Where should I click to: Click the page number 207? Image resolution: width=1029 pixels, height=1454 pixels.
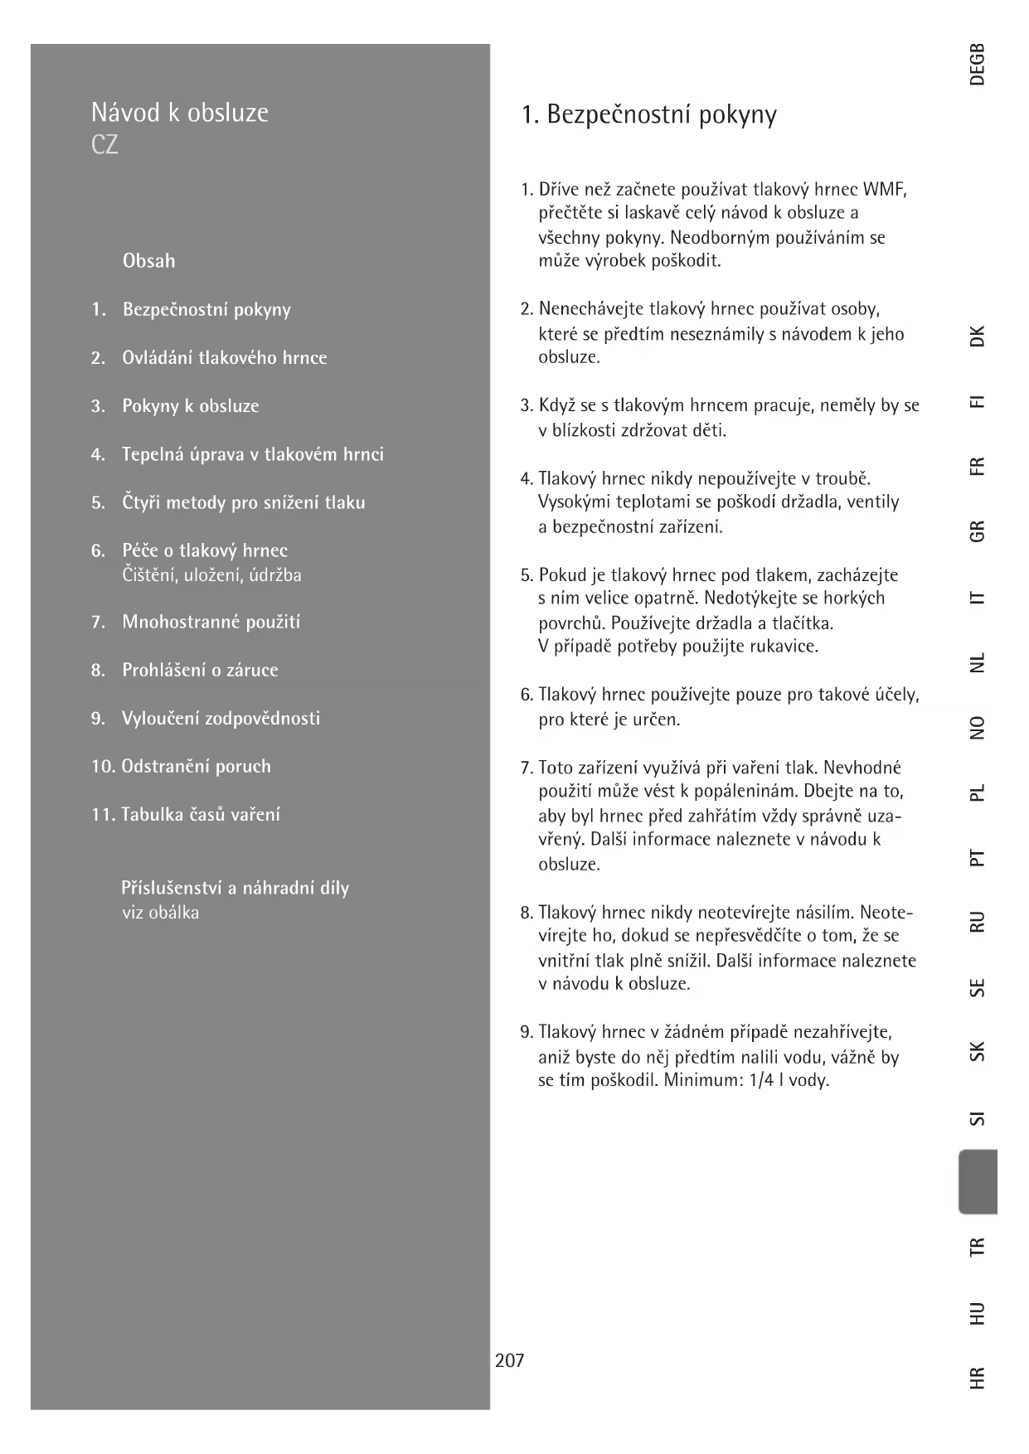click(x=509, y=1360)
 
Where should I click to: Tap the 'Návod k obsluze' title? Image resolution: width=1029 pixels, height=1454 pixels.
click(x=179, y=112)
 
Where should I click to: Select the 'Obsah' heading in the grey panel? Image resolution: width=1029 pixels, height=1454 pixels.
click(x=148, y=261)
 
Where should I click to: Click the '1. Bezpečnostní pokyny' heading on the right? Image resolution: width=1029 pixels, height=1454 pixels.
click(x=648, y=114)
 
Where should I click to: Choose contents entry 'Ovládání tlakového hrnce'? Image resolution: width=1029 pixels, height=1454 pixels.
click(x=224, y=358)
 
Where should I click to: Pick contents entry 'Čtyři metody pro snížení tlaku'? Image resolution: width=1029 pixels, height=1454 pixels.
click(x=243, y=503)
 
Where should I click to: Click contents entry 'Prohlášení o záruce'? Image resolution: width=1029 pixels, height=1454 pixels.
click(x=200, y=671)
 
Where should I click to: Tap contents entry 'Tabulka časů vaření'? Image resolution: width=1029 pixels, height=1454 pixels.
click(x=200, y=815)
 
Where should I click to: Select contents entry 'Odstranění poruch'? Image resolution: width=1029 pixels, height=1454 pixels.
click(x=196, y=767)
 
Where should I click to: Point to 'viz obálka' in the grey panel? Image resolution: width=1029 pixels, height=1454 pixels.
click(x=160, y=914)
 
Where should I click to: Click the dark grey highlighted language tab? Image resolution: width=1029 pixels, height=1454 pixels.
click(x=978, y=1181)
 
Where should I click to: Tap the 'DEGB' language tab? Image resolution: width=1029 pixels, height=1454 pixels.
click(x=978, y=64)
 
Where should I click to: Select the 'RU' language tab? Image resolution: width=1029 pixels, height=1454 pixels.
click(x=978, y=921)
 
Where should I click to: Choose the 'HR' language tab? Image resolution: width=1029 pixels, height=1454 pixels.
click(x=978, y=1377)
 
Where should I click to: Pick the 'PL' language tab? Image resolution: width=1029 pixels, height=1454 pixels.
click(x=978, y=792)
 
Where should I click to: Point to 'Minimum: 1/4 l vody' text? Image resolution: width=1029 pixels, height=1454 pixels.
click(x=745, y=1081)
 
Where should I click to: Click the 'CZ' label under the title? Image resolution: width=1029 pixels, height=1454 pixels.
click(x=104, y=145)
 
